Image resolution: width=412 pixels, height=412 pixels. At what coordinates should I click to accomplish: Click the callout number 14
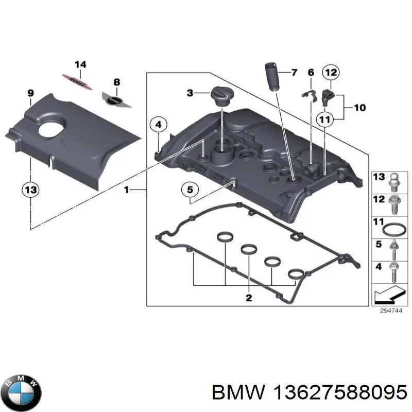[x=80, y=64]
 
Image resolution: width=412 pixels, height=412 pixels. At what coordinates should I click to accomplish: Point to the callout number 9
[x=30, y=93]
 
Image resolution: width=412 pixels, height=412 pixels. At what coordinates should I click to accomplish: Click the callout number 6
[x=311, y=73]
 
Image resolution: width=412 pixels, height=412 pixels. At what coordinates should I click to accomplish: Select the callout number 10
[x=359, y=108]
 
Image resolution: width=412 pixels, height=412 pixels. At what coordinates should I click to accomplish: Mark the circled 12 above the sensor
[x=330, y=73]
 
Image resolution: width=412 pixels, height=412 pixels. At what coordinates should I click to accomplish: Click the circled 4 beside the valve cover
[x=159, y=125]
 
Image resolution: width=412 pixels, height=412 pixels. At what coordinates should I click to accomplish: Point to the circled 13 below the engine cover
[x=30, y=190]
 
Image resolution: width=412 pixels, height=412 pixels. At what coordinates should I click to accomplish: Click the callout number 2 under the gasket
[x=249, y=298]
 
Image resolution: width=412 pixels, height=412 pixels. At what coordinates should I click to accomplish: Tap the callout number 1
[x=126, y=190]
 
